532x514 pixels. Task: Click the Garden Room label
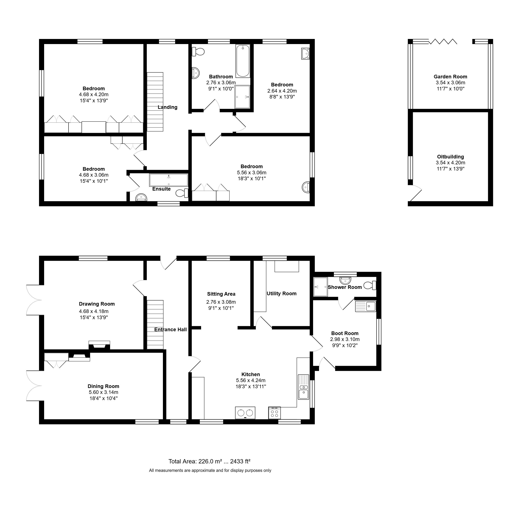point(450,77)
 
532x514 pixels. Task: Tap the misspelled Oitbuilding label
point(450,157)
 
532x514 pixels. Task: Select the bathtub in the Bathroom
point(243,61)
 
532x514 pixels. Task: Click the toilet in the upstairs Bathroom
point(198,51)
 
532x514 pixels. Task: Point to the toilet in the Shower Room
point(370,285)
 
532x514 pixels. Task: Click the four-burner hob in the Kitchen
point(274,413)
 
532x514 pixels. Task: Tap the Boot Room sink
point(366,306)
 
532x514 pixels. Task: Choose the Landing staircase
point(155,102)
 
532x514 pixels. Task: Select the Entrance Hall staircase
point(155,325)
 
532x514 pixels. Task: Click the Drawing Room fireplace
point(99,345)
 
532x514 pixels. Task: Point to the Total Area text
point(209,461)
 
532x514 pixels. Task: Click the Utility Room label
point(281,294)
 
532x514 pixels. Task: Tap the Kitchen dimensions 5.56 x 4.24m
point(251,380)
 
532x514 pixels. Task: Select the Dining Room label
point(104,386)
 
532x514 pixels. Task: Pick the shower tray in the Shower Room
point(321,287)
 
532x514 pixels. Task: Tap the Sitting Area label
point(221,294)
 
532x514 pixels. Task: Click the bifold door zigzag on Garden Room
point(443,42)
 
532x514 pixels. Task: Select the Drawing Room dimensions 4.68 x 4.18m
point(94,311)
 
